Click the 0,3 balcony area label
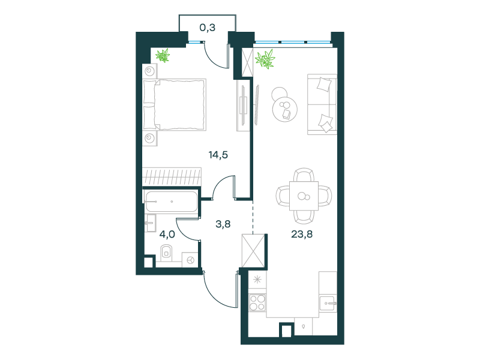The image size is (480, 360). (207, 28)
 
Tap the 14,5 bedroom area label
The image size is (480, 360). (218, 155)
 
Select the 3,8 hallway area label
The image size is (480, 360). (223, 224)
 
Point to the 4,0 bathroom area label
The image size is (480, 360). (167, 235)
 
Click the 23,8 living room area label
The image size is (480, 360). (302, 234)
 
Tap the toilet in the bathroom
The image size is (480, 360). (166, 252)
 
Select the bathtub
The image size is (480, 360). (172, 202)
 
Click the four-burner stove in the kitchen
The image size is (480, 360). (257, 302)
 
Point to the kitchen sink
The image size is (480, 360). (328, 304)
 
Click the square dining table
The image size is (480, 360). (304, 196)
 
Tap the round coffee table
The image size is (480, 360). (284, 110)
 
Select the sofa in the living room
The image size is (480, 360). (322, 104)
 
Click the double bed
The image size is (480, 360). (175, 104)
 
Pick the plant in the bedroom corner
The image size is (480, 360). (163, 56)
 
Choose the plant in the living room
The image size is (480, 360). (265, 59)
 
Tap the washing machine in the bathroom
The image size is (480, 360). (190, 260)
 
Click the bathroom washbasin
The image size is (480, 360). (151, 223)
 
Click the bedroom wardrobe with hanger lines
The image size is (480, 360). (172, 176)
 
